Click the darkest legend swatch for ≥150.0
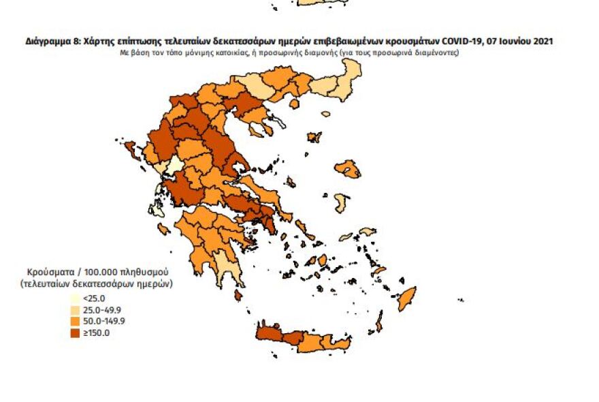(75, 333)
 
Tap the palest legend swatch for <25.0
(75, 298)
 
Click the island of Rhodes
(406, 297)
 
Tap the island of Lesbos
(350, 168)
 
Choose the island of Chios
(340, 202)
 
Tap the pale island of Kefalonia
(158, 208)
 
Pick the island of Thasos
(294, 104)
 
